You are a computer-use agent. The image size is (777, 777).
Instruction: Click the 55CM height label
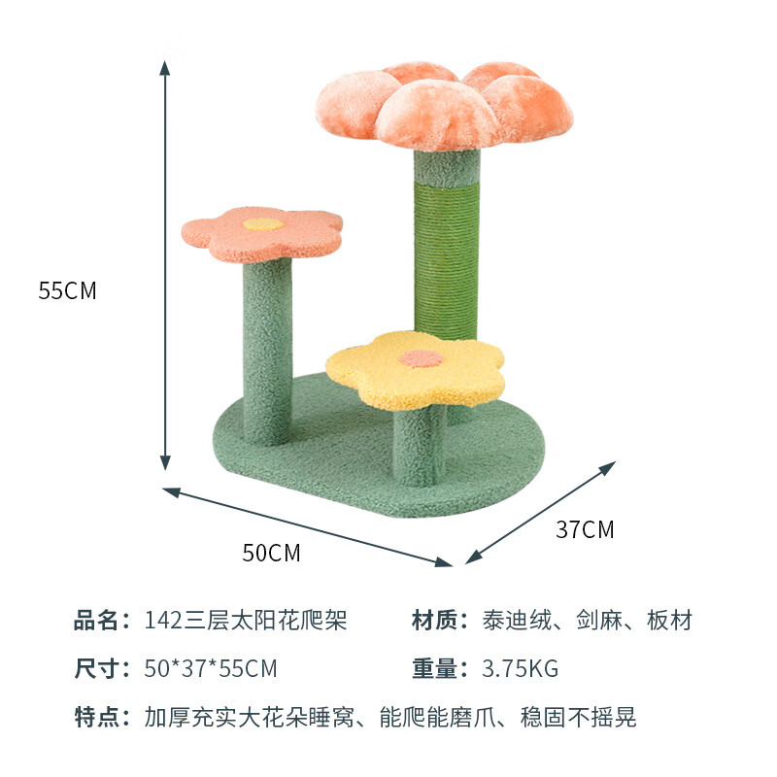pos(68,290)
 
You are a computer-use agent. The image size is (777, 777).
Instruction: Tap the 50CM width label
pos(271,554)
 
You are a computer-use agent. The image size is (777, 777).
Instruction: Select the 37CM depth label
pos(585,530)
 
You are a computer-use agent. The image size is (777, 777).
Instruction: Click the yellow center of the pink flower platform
pos(263,223)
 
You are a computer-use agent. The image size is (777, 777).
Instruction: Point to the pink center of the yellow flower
pos(422,358)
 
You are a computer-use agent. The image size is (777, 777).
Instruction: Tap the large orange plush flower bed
pos(432,105)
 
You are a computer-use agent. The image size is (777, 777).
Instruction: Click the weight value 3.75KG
pos(521,668)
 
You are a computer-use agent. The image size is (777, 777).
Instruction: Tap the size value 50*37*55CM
pos(211,668)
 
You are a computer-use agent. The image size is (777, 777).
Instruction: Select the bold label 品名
pos(100,620)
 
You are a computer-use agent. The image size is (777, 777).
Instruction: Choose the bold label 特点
pos(100,718)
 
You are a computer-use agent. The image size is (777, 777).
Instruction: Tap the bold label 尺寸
pos(100,668)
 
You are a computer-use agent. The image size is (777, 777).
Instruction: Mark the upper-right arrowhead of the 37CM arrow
pos(609,467)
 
